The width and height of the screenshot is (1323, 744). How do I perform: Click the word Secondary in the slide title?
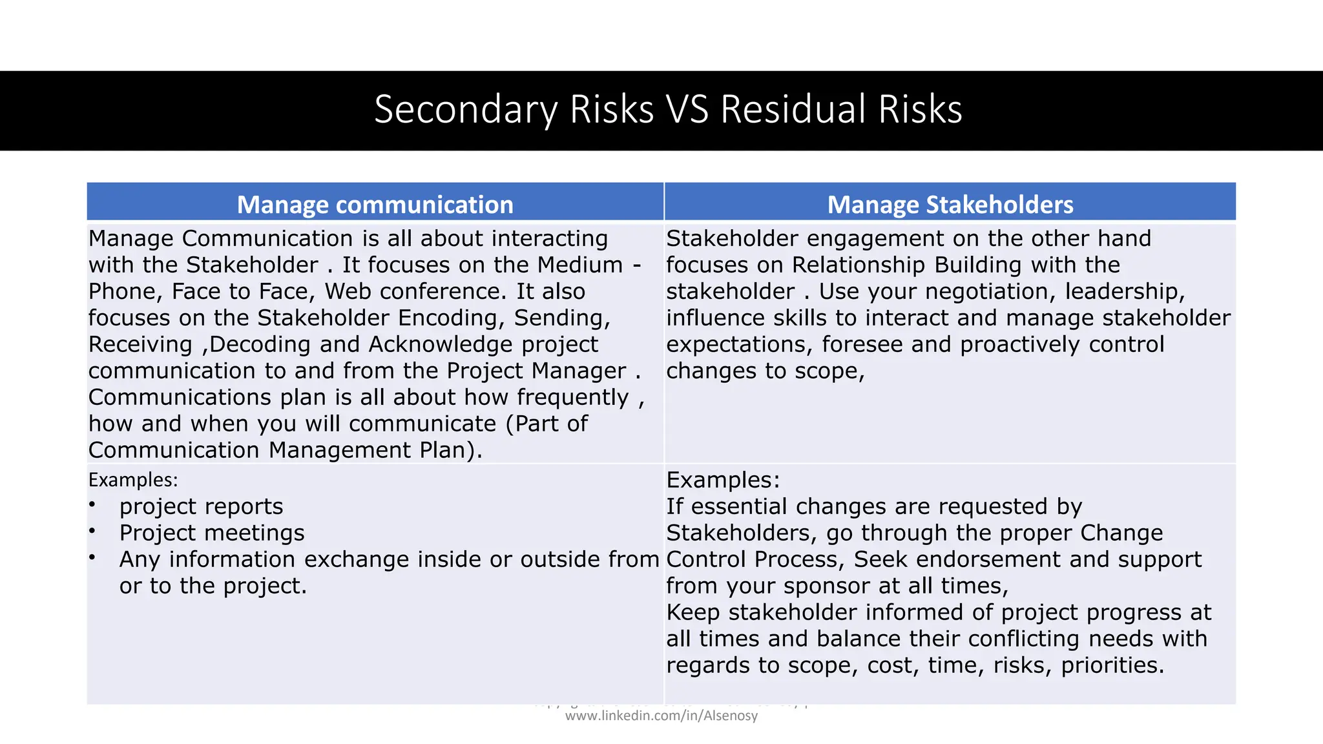coord(466,110)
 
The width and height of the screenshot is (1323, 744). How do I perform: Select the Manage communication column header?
coord(375,204)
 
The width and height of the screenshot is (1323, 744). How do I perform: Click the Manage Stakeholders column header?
coord(950,204)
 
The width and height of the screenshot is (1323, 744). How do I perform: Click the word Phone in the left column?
coord(126,292)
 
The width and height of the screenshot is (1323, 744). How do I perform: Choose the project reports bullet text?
coord(201,507)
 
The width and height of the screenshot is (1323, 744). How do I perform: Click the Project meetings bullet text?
coord(212,533)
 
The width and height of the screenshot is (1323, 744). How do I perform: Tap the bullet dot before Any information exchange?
coord(93,557)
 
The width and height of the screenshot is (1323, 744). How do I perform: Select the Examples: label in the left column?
coord(133,480)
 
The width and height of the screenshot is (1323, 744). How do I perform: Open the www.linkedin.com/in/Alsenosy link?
coord(661,716)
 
